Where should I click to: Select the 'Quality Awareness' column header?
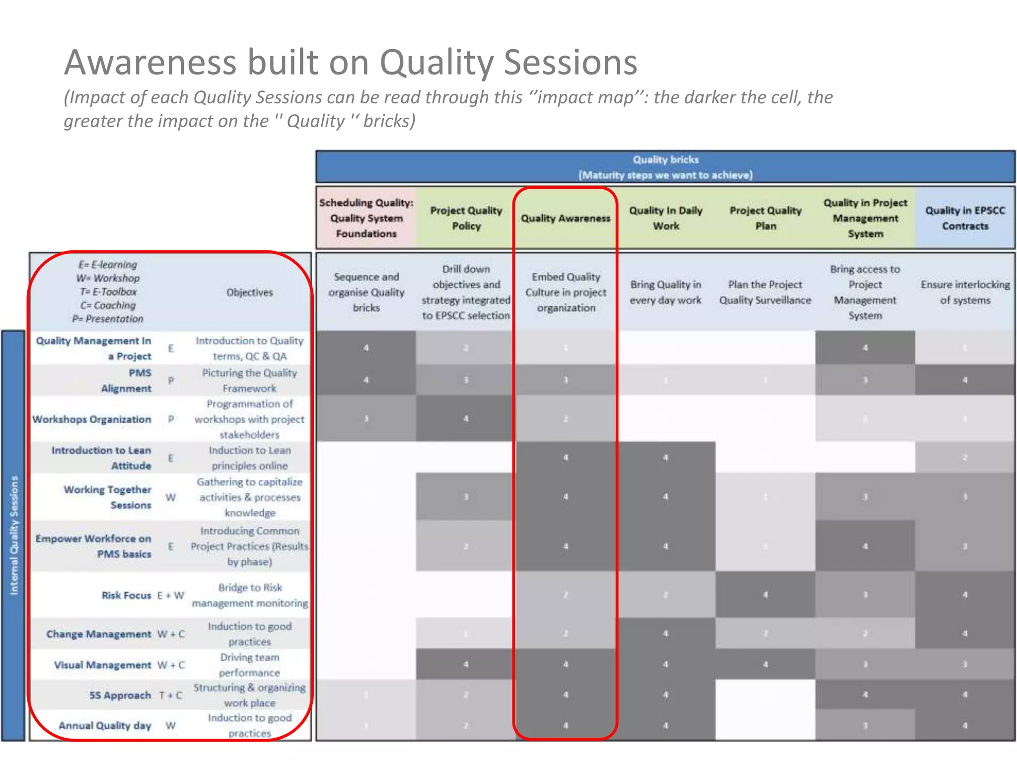565,218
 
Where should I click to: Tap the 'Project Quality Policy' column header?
466,218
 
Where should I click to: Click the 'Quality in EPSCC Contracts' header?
964,218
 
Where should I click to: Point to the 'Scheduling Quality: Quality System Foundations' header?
366,218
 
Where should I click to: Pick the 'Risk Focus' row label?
126,595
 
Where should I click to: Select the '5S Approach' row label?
120,695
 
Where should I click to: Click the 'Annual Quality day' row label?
105,725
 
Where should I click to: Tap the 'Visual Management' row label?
102,665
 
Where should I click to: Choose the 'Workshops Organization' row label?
92,419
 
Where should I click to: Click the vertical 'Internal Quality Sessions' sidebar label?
14,535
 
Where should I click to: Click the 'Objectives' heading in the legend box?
249,292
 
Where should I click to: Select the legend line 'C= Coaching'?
108,305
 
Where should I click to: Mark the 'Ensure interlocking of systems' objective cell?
965,292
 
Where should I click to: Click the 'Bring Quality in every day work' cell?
665,292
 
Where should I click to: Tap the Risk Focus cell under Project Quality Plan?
765,595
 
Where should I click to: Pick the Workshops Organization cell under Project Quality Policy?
466,419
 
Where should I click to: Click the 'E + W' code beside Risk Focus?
170,595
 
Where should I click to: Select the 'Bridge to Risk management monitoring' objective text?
250,595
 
